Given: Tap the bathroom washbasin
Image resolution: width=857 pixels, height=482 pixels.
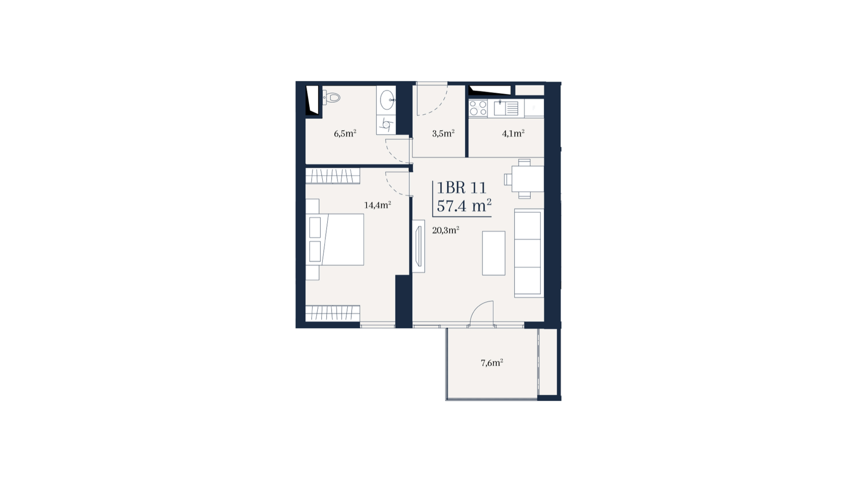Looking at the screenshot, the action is point(387,99).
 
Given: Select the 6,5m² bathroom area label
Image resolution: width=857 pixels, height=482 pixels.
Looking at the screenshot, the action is point(345,133).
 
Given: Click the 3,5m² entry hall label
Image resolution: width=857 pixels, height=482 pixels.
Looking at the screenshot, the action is point(443,133).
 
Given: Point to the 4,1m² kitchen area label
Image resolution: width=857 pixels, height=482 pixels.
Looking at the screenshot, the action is point(513,133).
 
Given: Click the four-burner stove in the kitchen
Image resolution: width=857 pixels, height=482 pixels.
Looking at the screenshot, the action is point(478,108).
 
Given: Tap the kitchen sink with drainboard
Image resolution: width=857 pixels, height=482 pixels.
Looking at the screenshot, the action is point(506,108).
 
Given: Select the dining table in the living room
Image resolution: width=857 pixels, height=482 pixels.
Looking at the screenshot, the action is point(527,179).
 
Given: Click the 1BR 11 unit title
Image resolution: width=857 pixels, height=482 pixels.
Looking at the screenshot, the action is point(462,187).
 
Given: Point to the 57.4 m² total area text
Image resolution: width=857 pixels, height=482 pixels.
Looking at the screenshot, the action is point(464,206).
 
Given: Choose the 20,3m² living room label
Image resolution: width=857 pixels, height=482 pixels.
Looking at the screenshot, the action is point(445,230).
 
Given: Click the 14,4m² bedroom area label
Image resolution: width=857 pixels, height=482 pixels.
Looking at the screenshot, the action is point(378,205).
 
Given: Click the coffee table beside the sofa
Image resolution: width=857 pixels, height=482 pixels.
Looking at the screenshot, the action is point(494,253).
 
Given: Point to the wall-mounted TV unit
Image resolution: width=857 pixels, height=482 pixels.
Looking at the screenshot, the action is point(418,246).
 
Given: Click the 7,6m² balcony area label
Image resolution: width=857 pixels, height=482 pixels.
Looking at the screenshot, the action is point(492,363).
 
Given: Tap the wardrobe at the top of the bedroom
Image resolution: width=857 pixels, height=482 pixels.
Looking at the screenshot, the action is point(333,176).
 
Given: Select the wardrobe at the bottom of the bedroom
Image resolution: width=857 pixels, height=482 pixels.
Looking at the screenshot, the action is point(333,313).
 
